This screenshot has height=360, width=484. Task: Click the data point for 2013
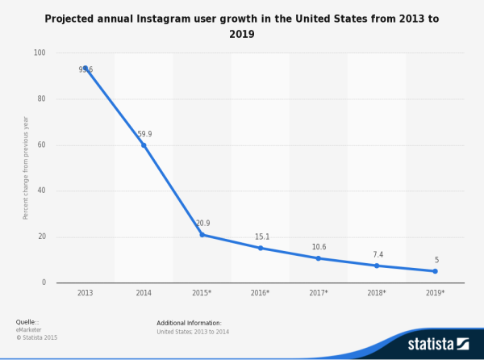click(x=86, y=69)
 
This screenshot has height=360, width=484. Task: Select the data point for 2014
click(x=144, y=145)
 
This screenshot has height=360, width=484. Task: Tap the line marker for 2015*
click(x=202, y=235)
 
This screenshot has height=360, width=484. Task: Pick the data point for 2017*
click(x=319, y=258)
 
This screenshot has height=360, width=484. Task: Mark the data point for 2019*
click(x=436, y=271)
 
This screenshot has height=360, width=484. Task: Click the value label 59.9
click(x=144, y=134)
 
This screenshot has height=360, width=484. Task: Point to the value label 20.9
click(x=202, y=224)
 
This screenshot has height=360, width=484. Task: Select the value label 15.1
click(x=262, y=237)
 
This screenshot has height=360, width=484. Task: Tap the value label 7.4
click(x=377, y=254)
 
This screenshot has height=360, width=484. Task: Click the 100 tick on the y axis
click(x=39, y=53)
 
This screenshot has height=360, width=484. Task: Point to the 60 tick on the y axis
click(x=41, y=145)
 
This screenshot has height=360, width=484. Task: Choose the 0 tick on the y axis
click(x=44, y=283)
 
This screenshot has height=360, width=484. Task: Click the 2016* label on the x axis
click(x=261, y=292)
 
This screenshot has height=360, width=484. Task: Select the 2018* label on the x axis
click(x=377, y=292)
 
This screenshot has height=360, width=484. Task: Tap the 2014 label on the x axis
click(x=144, y=292)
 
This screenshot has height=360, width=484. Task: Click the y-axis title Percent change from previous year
click(x=26, y=167)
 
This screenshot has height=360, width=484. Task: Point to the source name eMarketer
click(x=30, y=329)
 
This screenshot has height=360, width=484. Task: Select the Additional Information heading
click(x=189, y=323)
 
